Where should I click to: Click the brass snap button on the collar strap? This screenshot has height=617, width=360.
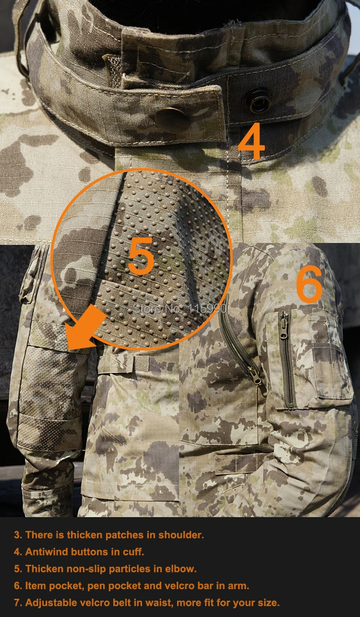coord(172,121)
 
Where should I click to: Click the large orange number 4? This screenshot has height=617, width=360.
coord(252,141)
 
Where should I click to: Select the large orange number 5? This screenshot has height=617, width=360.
coord(141,256)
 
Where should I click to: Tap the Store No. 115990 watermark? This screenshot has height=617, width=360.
coord(180,308)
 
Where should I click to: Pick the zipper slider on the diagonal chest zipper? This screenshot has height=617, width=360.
coord(256,375)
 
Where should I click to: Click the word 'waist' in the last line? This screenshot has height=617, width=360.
coord(159,603)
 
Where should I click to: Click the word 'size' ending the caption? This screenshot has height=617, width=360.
coord(268,603)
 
